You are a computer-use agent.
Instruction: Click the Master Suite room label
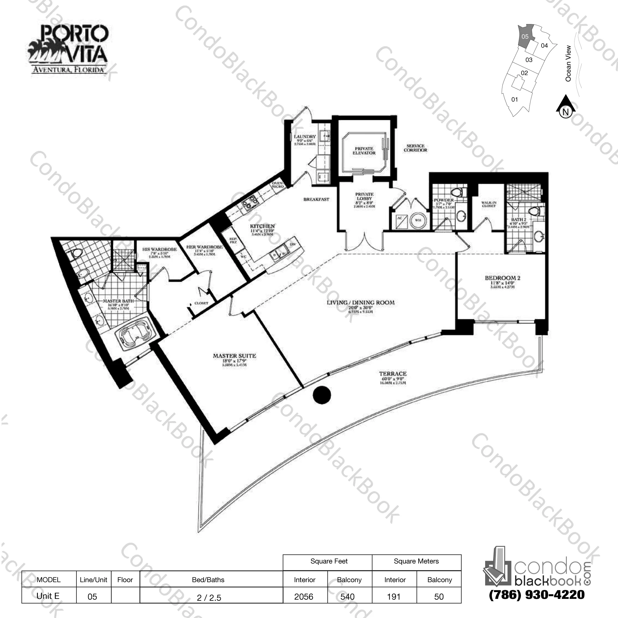(x=234, y=356)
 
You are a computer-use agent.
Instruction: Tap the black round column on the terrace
(x=321, y=395)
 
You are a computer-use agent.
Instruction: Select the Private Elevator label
(x=364, y=151)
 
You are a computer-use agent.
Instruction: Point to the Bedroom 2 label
(x=502, y=278)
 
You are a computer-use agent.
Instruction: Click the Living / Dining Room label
(x=361, y=303)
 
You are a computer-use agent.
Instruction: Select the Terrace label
(x=392, y=374)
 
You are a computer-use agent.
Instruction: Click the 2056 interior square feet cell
(x=304, y=596)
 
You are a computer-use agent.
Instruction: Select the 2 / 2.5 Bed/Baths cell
(x=209, y=598)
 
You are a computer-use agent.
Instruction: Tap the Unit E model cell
(x=48, y=596)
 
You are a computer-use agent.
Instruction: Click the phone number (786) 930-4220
(x=536, y=595)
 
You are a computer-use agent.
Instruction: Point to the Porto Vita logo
(x=68, y=50)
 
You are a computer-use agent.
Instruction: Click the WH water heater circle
(x=418, y=220)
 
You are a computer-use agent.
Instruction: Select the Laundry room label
(x=305, y=137)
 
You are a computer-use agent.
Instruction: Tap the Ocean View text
(x=568, y=63)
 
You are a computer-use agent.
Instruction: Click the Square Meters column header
(x=416, y=561)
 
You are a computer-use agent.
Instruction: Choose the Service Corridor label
(x=415, y=148)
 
